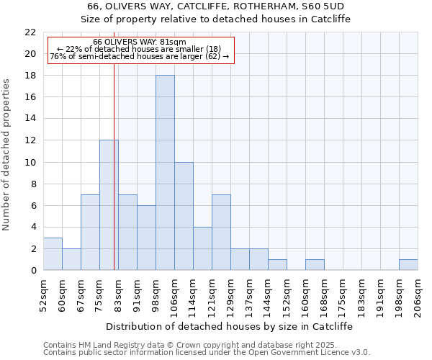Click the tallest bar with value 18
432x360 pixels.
tap(165, 173)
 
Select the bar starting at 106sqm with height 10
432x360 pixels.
tap(184, 216)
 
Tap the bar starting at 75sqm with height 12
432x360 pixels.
tap(109, 205)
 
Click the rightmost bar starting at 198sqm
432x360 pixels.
tap(408, 265)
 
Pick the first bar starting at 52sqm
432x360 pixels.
tap(53, 254)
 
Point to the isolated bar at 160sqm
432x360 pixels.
tap(315, 265)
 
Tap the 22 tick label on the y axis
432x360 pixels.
tap(30, 32)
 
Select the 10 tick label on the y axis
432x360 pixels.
tap(30, 162)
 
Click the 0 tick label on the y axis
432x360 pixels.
tap(33, 271)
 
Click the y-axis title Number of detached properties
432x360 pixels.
tap(6, 155)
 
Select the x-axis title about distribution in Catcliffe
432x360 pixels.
tap(229, 326)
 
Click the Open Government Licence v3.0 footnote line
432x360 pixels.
tap(207, 353)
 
